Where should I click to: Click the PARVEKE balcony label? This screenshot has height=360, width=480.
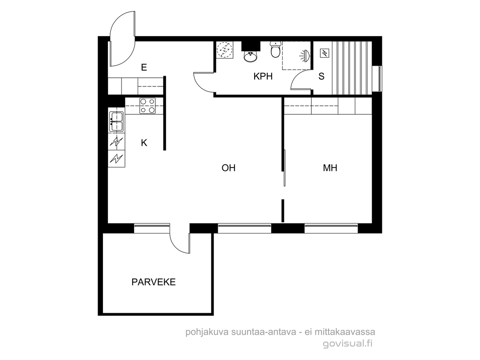(x=153, y=282)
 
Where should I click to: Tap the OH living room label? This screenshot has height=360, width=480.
(x=229, y=168)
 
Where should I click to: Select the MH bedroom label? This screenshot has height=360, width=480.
(x=330, y=168)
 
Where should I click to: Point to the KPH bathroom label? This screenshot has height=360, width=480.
(x=263, y=76)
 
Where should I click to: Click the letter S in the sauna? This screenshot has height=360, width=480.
(x=322, y=76)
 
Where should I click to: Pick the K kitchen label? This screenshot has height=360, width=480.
(x=144, y=143)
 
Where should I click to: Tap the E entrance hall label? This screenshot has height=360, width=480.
(x=144, y=67)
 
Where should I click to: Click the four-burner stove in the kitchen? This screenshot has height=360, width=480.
(x=148, y=106)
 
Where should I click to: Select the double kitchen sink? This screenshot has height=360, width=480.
(x=117, y=122)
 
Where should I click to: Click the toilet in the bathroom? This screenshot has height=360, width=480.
(x=275, y=50)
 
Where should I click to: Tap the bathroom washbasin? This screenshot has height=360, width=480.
(x=251, y=56)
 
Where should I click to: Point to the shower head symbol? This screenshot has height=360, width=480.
(x=305, y=56)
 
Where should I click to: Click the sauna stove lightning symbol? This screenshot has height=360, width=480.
(x=324, y=53)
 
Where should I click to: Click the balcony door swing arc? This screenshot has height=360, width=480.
(x=179, y=243)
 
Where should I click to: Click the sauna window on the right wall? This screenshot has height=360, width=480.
(x=380, y=79)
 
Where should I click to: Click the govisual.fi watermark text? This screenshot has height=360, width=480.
(x=348, y=344)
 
